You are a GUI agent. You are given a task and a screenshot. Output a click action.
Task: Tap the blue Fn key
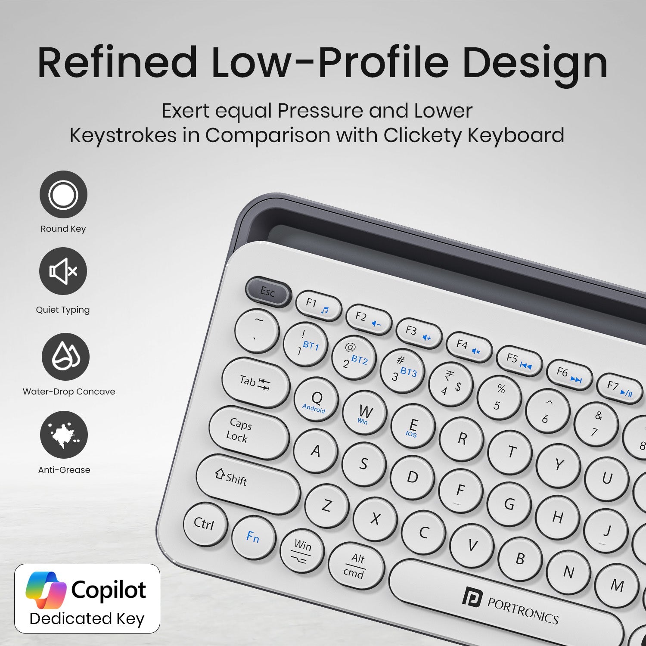point(253,537)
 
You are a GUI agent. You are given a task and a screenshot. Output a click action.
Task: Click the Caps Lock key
point(249,432)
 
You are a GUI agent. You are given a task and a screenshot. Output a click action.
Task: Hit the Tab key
point(256,382)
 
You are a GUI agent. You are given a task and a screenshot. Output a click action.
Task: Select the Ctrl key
point(205,524)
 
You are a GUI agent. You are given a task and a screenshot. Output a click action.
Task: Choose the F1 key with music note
point(318,304)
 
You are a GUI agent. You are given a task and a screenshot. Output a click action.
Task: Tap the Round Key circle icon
point(63,194)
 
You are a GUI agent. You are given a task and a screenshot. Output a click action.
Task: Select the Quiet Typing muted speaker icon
point(63,271)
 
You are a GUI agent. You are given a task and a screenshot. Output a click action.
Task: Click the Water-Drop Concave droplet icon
point(65,357)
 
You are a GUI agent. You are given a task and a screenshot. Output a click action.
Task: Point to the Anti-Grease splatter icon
point(64,435)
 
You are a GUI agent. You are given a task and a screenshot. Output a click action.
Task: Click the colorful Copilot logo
point(46,590)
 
